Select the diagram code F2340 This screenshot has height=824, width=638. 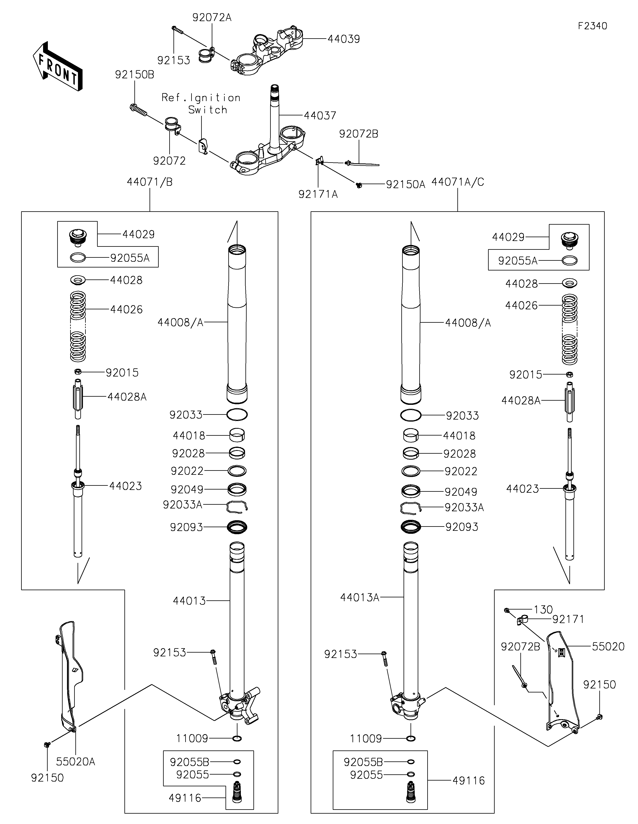[x=592, y=26]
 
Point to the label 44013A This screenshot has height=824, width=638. [x=359, y=597]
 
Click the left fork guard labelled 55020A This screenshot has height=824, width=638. [x=70, y=675]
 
